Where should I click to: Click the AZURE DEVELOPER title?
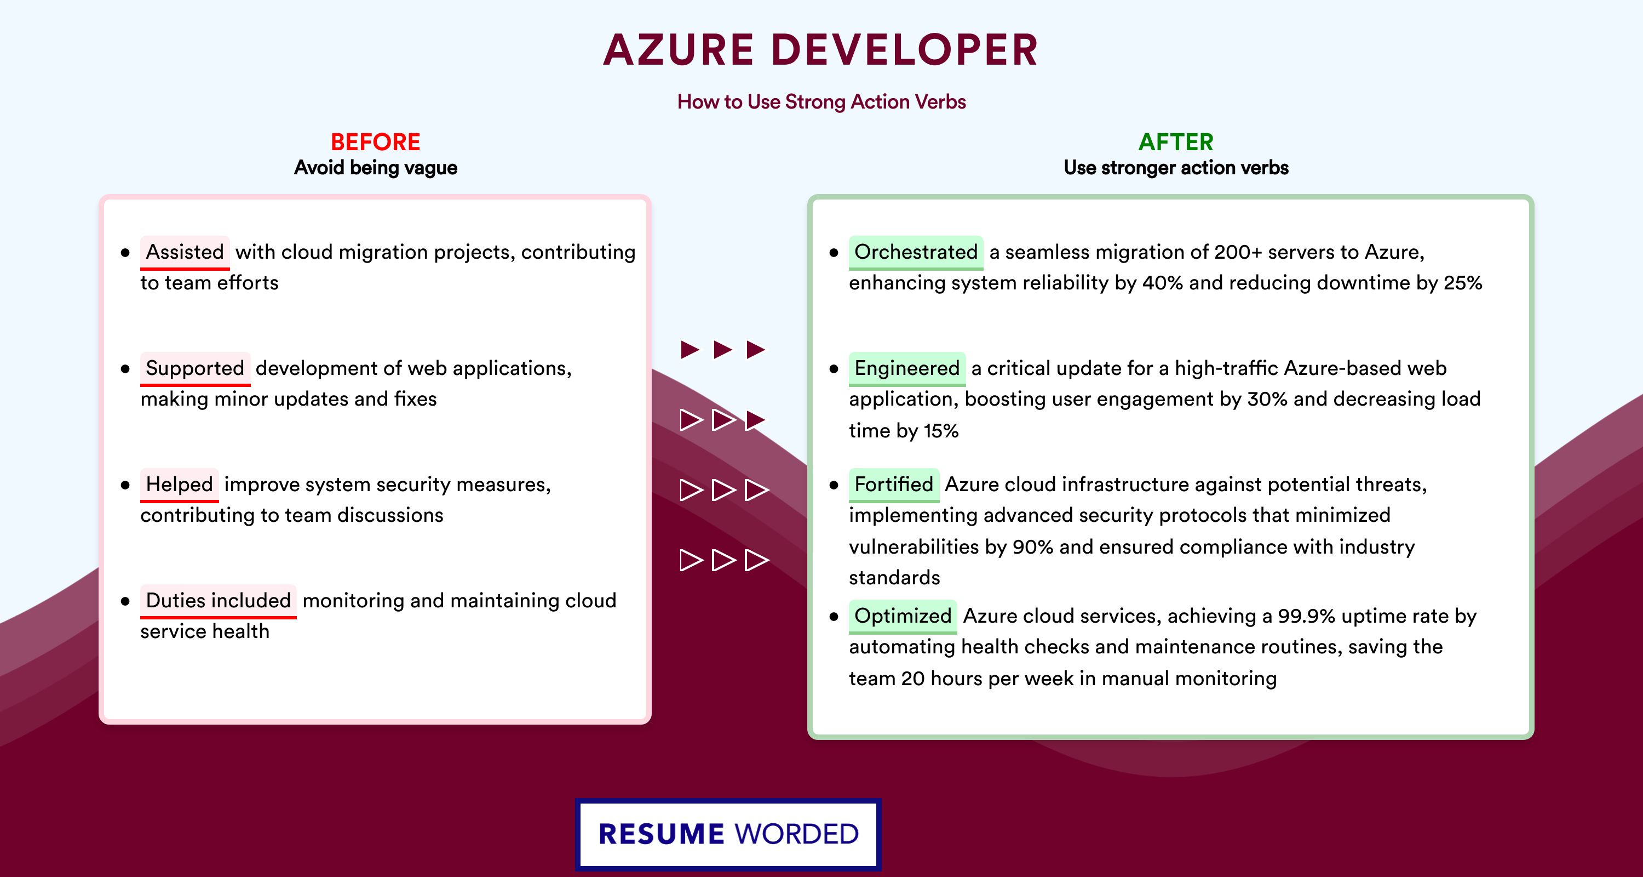click(821, 50)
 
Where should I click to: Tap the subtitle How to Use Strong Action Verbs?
click(821, 101)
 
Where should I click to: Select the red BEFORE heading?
click(375, 142)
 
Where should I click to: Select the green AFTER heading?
click(1175, 142)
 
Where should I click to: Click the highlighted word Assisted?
click(185, 252)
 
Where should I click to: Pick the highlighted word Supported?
click(195, 368)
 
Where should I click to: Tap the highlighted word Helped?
click(179, 484)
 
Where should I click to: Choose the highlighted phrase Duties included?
click(218, 600)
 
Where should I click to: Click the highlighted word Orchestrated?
click(916, 252)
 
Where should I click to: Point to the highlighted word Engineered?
click(907, 368)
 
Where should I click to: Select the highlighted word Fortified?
click(894, 484)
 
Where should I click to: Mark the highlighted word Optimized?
click(903, 616)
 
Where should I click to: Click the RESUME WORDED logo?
click(728, 834)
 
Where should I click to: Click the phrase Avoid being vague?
click(375, 168)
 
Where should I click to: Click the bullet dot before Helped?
click(125, 485)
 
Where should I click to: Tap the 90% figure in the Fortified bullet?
click(1032, 547)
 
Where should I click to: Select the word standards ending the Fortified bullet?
click(894, 578)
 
